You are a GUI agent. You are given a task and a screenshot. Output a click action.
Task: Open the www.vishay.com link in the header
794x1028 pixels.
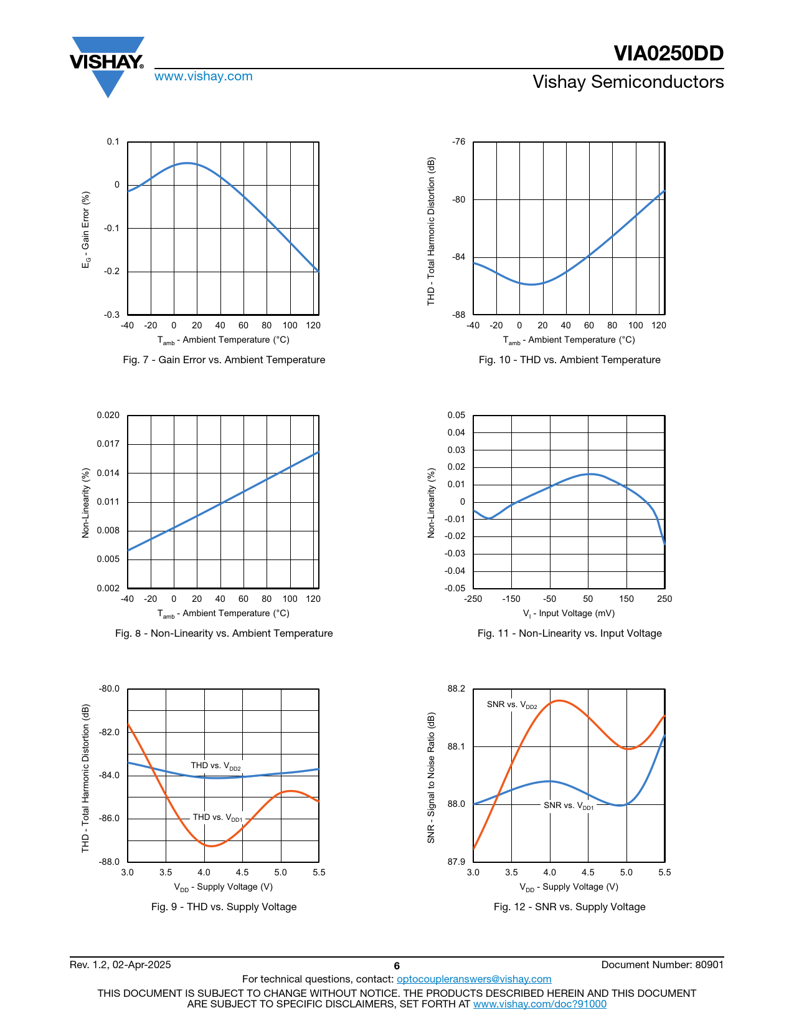(204, 77)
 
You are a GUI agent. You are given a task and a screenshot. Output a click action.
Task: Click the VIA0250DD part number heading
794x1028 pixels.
(668, 54)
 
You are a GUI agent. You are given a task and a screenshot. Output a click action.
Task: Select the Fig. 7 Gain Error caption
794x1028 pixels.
(224, 360)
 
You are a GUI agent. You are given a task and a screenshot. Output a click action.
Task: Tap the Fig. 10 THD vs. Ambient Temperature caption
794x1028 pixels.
(569, 360)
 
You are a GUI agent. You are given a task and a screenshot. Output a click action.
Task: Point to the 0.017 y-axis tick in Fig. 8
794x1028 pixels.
(108, 444)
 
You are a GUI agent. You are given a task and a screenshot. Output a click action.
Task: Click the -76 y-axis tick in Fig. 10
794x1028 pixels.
(458, 142)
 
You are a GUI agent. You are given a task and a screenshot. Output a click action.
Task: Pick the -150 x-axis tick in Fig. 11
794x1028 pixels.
(511, 599)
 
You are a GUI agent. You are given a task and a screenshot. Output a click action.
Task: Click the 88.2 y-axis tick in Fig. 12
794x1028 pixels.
(456, 689)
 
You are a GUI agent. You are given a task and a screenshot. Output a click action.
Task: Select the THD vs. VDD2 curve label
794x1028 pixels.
(215, 766)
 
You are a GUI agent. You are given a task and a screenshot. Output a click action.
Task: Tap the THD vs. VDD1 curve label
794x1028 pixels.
(217, 817)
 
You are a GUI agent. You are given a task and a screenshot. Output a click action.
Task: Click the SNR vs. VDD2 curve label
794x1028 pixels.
(512, 705)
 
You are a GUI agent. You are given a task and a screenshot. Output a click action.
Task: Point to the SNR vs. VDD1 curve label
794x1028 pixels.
(569, 806)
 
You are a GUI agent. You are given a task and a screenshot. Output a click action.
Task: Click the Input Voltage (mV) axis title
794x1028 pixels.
(569, 614)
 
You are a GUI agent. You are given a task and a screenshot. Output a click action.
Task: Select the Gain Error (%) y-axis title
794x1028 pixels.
(86, 230)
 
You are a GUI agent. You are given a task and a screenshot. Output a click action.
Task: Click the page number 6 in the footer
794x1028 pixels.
(397, 966)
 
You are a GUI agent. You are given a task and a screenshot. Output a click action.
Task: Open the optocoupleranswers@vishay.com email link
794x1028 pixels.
(474, 979)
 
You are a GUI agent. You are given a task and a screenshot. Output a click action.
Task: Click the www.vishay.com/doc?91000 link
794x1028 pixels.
(539, 1004)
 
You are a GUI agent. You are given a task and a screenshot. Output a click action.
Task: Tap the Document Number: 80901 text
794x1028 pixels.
(662, 965)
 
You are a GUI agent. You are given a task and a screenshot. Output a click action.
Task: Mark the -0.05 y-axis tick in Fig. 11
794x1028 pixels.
(455, 589)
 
